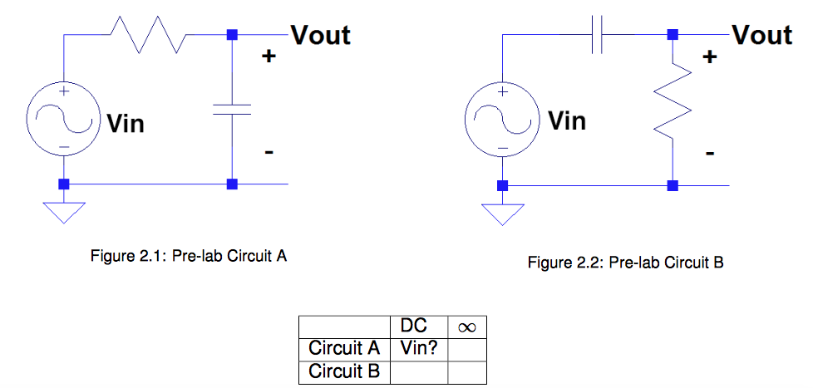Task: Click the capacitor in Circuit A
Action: click(x=232, y=110)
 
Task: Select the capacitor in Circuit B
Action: click(x=596, y=35)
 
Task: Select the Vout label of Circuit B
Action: click(x=761, y=35)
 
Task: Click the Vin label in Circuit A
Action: click(x=125, y=125)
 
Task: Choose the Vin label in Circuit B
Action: click(x=567, y=121)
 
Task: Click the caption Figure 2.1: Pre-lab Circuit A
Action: click(x=189, y=257)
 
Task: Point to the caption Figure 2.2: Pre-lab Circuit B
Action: click(x=626, y=263)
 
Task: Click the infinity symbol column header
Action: click(x=466, y=327)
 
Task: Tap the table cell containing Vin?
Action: click(x=419, y=347)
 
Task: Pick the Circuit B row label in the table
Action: click(x=344, y=371)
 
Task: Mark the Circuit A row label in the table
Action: click(x=344, y=347)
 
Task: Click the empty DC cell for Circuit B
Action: click(x=419, y=371)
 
